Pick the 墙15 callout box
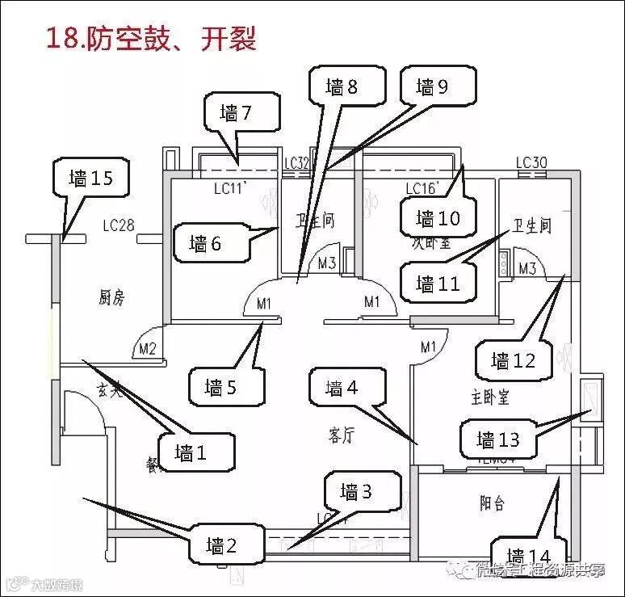pos(91,179)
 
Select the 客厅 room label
pos(342,435)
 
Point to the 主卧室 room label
pos(489,397)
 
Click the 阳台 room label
pos(491,503)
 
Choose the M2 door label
pos(147,349)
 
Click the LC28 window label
pos(119,225)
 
